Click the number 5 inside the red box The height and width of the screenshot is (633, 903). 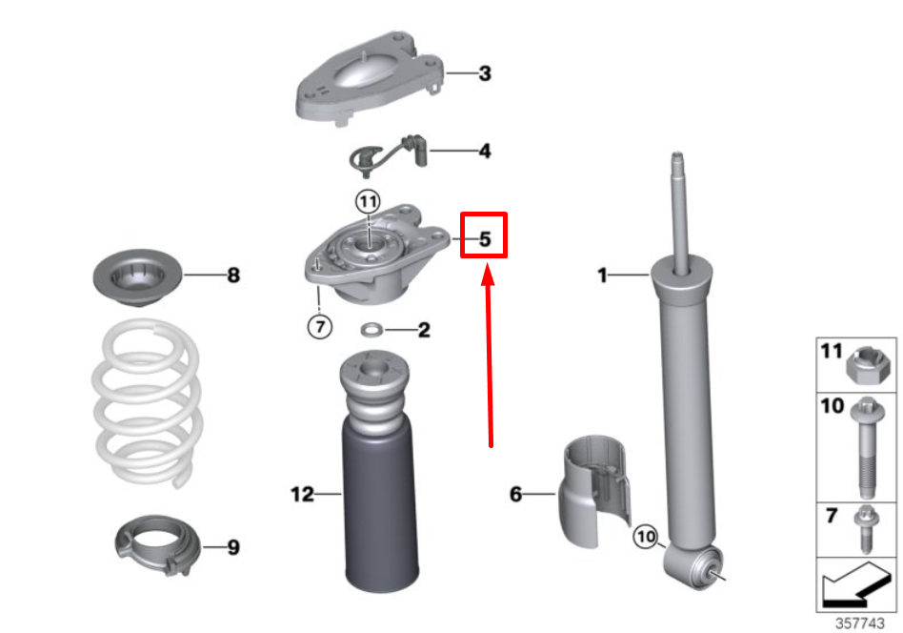485,238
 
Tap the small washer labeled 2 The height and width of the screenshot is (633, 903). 372,331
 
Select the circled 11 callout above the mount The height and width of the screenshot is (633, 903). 368,202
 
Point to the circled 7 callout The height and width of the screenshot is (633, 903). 320,327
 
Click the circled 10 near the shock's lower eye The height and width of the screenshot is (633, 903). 646,538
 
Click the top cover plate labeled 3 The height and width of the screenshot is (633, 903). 370,76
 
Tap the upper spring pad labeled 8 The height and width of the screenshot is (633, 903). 137,277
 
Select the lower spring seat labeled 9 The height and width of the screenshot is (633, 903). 158,544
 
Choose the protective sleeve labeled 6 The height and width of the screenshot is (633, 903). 593,490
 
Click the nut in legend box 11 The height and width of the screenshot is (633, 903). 869,365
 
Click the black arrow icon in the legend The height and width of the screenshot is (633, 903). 855,585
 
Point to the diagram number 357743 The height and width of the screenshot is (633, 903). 860,623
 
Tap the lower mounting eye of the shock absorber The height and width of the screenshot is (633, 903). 692,566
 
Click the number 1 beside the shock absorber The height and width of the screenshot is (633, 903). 602,275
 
